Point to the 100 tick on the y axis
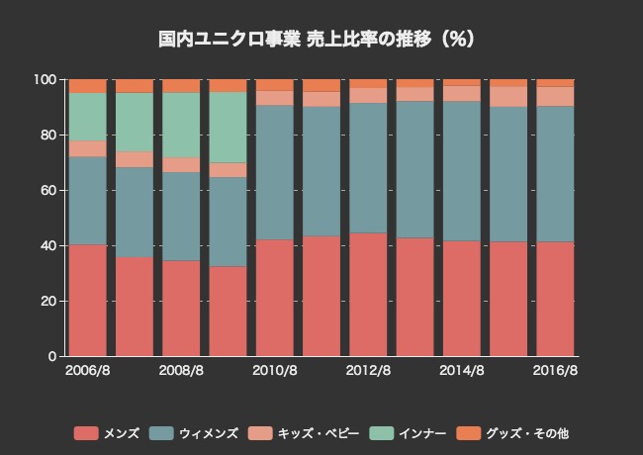(46, 79)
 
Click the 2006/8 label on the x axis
(87, 371)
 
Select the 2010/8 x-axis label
(275, 371)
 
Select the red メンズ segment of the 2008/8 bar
(182, 308)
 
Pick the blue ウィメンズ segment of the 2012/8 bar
(369, 168)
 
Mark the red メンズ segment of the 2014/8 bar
(463, 298)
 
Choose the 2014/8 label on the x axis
(463, 371)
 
